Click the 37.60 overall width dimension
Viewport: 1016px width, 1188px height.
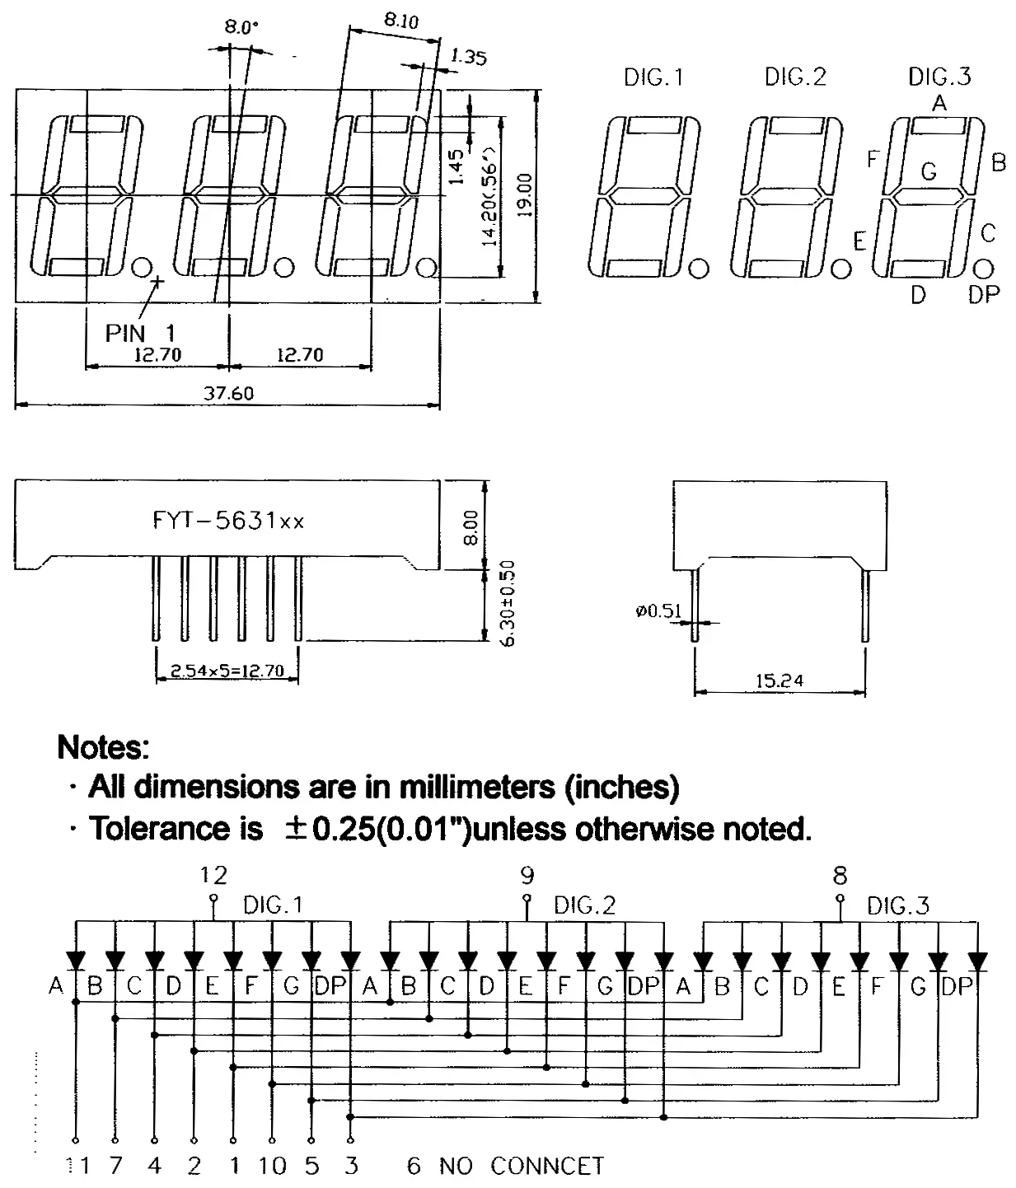point(228,394)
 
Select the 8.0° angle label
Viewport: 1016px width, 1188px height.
point(241,27)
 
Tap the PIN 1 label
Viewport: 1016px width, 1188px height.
point(139,333)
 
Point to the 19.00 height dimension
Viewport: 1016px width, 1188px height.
point(526,194)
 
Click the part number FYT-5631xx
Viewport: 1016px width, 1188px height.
point(228,521)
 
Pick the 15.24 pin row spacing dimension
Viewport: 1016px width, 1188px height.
point(779,681)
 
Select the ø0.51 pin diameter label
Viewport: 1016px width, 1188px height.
point(658,610)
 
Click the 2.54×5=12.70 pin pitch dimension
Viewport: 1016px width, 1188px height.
point(227,671)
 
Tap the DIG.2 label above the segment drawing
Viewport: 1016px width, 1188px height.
point(794,77)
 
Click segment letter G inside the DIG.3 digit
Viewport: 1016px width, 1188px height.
point(929,171)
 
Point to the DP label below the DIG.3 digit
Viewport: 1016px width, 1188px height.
point(983,294)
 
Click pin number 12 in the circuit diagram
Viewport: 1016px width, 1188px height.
point(213,875)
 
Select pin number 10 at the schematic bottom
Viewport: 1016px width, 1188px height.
point(272,1166)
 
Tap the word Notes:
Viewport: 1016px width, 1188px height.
point(104,747)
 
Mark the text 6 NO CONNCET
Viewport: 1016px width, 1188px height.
point(505,1166)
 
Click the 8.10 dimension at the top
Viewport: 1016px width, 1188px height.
point(400,21)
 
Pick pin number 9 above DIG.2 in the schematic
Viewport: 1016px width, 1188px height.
point(527,875)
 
